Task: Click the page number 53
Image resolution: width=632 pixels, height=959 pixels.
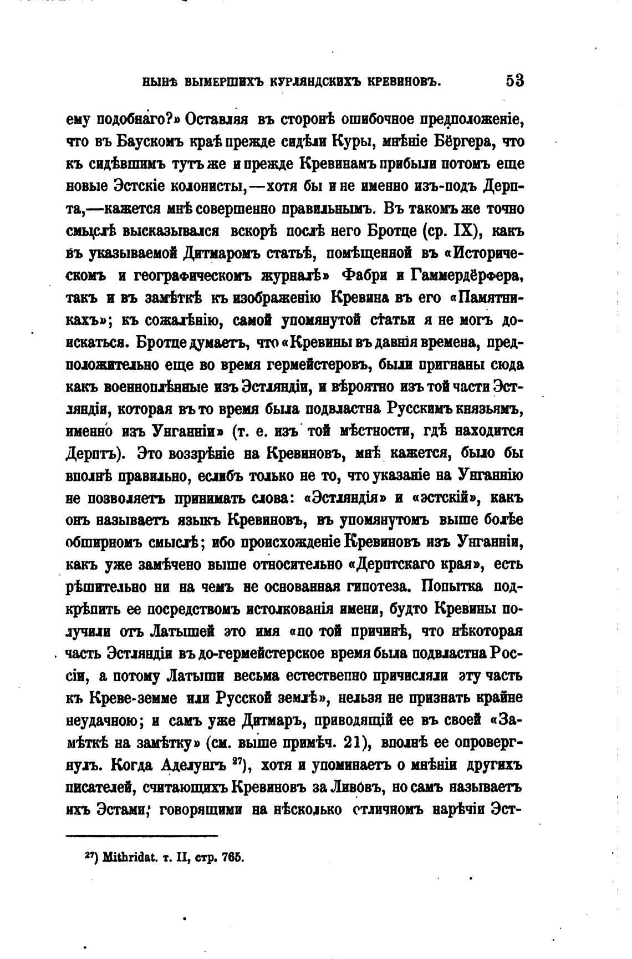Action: point(514,81)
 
